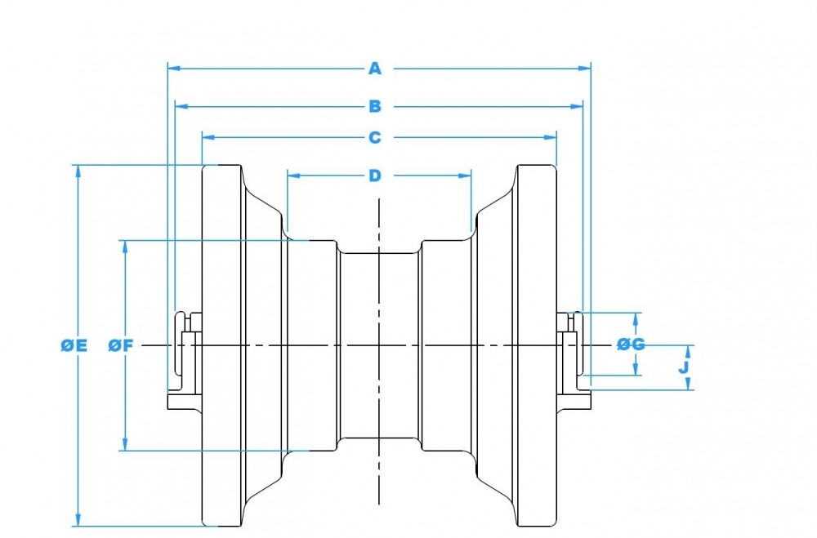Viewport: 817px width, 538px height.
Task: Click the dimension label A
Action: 375,69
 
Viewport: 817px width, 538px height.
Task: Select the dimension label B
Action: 375,106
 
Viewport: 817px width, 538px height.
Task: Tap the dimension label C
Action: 375,137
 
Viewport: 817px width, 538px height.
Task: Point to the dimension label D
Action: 375,175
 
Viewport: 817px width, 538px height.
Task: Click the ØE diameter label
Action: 74,345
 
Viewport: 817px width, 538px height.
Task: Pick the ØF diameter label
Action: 121,345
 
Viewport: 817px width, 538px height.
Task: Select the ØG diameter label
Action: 631,345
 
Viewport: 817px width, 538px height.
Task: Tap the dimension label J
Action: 685,367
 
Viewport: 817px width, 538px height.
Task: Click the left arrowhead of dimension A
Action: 172,69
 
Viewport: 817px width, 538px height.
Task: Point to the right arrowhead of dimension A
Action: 586,69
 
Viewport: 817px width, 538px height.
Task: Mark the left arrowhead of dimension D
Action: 292,175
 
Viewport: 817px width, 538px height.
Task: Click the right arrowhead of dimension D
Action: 467,175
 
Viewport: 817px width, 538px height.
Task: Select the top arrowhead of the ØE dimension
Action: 78,171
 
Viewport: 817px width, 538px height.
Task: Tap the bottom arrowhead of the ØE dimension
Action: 78,521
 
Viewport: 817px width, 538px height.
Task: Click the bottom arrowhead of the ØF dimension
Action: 125,445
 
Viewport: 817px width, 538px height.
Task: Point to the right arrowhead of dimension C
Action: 551,137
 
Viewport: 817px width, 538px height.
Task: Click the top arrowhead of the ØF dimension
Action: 125,245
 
